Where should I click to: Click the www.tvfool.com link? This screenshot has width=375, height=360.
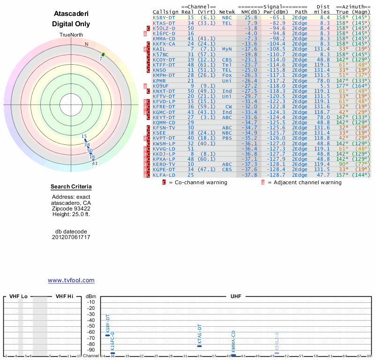71,280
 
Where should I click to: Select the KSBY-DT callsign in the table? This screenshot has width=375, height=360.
164,17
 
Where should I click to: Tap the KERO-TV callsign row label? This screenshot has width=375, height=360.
164,165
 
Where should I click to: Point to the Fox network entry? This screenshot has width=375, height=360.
227,75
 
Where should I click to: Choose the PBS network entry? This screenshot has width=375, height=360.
227,138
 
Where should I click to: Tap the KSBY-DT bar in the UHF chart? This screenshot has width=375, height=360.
107,335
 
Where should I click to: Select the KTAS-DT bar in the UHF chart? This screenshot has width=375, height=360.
199,345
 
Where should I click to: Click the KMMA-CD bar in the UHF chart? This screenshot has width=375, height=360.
233,355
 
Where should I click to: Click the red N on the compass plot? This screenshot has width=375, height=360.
86,45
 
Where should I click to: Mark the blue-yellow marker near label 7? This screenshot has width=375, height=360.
103,55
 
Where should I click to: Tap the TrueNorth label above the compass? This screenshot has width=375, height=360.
71,35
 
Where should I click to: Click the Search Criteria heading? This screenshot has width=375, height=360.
71,187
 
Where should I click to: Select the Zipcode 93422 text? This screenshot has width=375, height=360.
71,209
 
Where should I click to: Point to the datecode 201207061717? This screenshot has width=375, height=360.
71,237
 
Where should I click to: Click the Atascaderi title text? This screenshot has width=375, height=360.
71,14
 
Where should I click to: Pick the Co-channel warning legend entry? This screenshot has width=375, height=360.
197,182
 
